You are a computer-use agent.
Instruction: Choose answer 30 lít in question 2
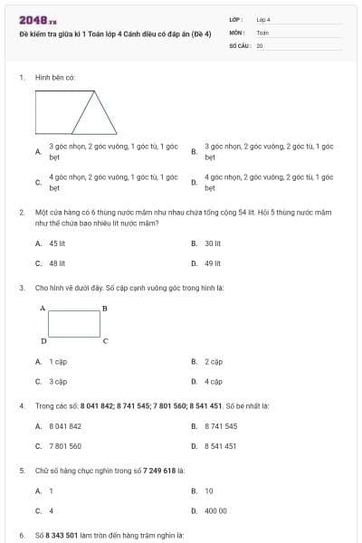(213, 243)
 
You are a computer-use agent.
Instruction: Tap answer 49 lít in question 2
(213, 263)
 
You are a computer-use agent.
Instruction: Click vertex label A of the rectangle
(43, 309)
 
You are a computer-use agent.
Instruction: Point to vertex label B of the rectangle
(105, 309)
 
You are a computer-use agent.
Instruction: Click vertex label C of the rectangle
(105, 341)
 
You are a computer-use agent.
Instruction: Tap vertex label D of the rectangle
(43, 341)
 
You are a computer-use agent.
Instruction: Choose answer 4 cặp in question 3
(214, 382)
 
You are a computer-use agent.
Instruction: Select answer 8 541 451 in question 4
(221, 446)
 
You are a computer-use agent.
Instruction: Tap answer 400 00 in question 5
(215, 510)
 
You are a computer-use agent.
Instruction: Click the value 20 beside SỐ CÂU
(260, 45)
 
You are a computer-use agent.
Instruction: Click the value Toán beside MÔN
(262, 32)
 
